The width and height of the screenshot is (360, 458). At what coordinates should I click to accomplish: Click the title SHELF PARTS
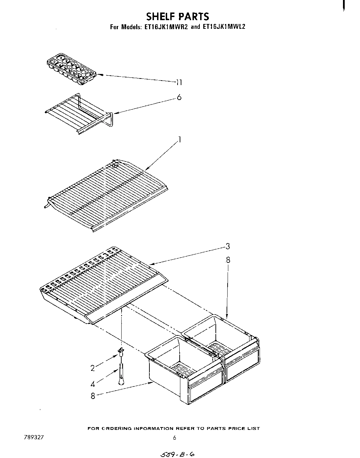(178, 16)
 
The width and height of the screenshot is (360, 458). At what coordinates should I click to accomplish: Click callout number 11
(179, 82)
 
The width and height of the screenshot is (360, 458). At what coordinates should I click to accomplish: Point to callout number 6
(179, 98)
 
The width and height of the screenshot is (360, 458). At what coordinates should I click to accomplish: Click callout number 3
(228, 247)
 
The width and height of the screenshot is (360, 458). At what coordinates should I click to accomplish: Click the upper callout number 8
(228, 260)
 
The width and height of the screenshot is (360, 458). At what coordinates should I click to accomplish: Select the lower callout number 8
(93, 395)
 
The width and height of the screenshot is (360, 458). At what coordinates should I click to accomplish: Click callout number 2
(93, 368)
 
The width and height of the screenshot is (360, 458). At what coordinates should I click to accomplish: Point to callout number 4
(93, 384)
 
